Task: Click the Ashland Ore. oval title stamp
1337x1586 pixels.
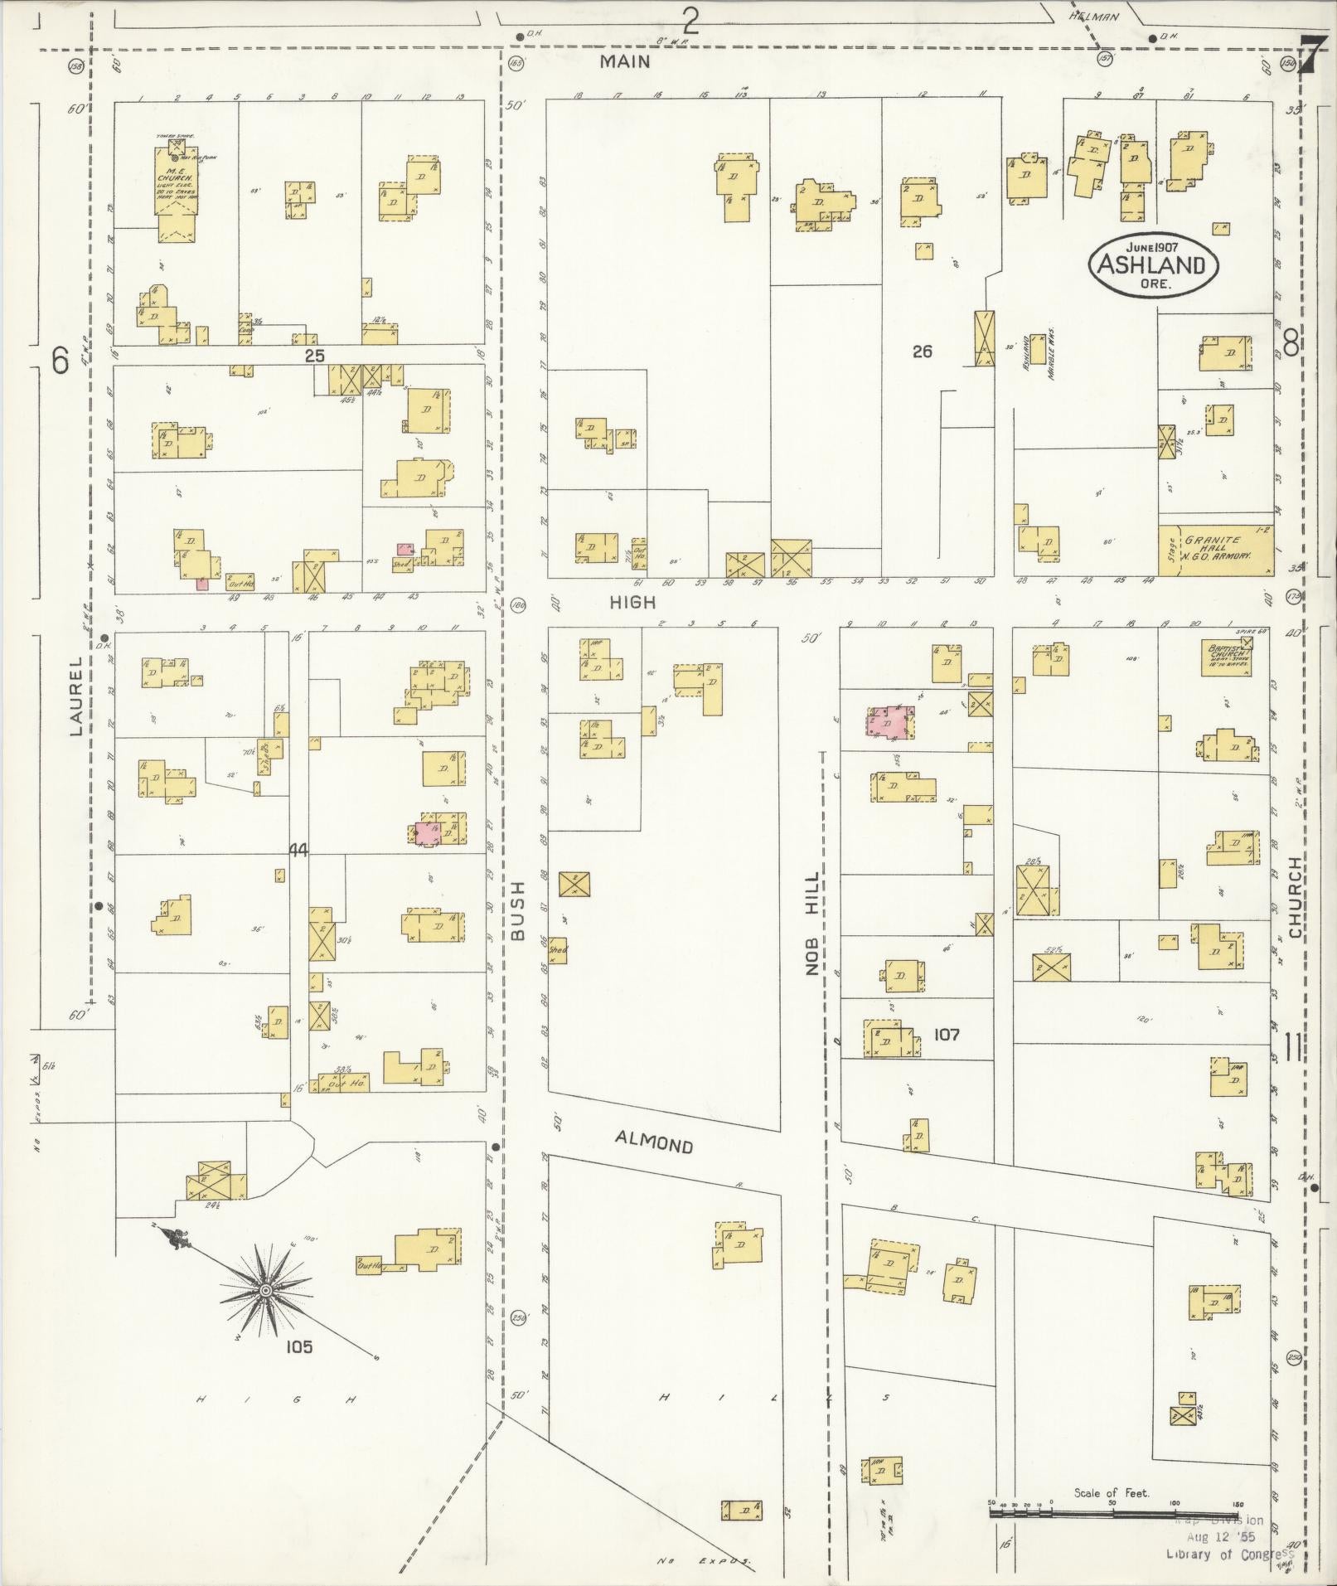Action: pos(1152,264)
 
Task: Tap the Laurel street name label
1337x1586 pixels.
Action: pos(77,696)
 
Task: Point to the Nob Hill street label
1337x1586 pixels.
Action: pos(812,921)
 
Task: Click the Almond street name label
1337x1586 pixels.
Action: pos(654,1143)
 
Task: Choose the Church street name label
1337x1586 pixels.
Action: pos(1294,898)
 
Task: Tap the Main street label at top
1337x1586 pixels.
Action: pos(625,61)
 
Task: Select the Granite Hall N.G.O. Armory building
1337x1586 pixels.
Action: pos(1218,550)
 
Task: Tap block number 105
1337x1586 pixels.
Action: pos(299,1346)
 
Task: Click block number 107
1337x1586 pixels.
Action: pos(946,1034)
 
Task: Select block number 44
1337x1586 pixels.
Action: pos(298,850)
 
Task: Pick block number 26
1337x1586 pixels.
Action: pos(922,351)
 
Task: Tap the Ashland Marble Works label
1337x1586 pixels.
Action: pos(1038,356)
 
